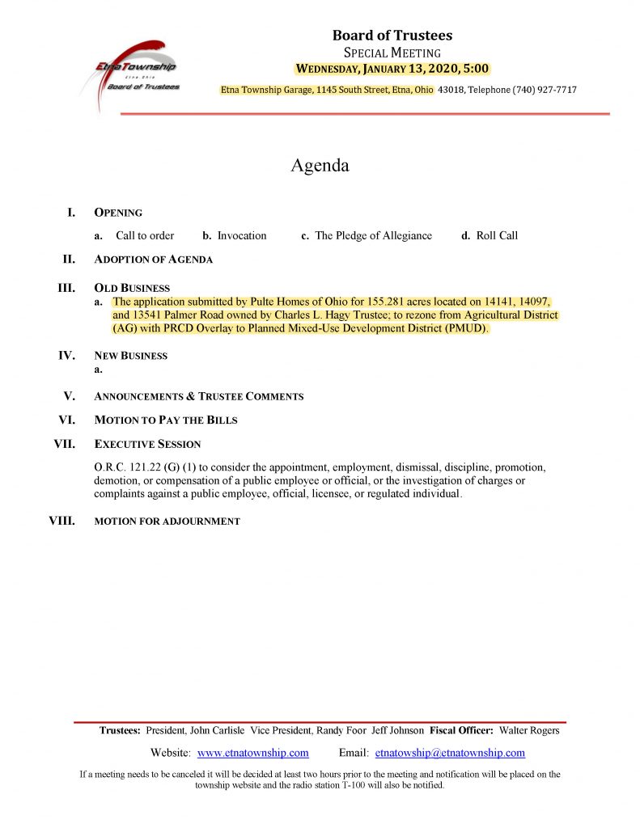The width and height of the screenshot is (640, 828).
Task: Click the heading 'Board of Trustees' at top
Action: (x=392, y=36)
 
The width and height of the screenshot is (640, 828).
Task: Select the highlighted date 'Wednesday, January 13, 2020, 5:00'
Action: (x=392, y=69)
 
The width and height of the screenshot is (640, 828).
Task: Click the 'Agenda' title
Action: (x=320, y=166)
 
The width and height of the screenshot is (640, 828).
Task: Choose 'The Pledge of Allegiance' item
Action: (x=373, y=236)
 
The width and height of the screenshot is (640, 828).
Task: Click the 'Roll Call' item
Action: (x=497, y=236)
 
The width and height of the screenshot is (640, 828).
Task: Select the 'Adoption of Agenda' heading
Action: (x=154, y=260)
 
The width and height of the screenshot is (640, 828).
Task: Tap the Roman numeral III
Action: (x=66, y=288)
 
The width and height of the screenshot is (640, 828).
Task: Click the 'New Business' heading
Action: (x=131, y=356)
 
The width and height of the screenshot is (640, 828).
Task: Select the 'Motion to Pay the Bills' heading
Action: (x=166, y=420)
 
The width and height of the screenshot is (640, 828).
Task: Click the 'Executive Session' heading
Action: (x=147, y=444)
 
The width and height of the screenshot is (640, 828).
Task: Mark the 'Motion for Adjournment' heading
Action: (x=167, y=522)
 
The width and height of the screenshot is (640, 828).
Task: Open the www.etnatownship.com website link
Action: (x=252, y=753)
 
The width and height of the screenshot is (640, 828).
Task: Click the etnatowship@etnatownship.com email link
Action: (x=450, y=753)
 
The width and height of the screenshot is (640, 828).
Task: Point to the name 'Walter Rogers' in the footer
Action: (x=529, y=731)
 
